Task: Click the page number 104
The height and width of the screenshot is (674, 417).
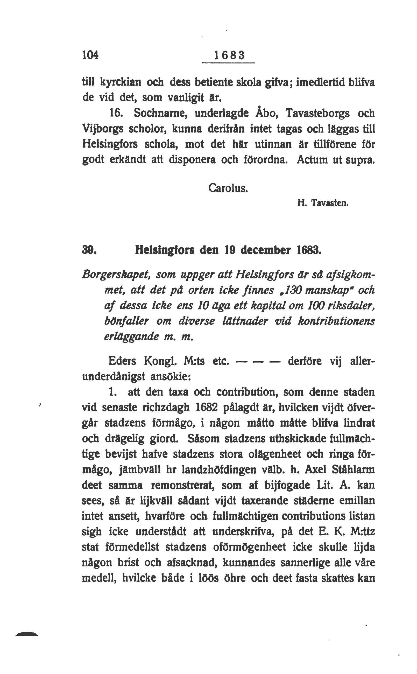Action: [x=90, y=55]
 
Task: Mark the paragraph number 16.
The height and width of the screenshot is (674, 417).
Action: [x=116, y=113]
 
